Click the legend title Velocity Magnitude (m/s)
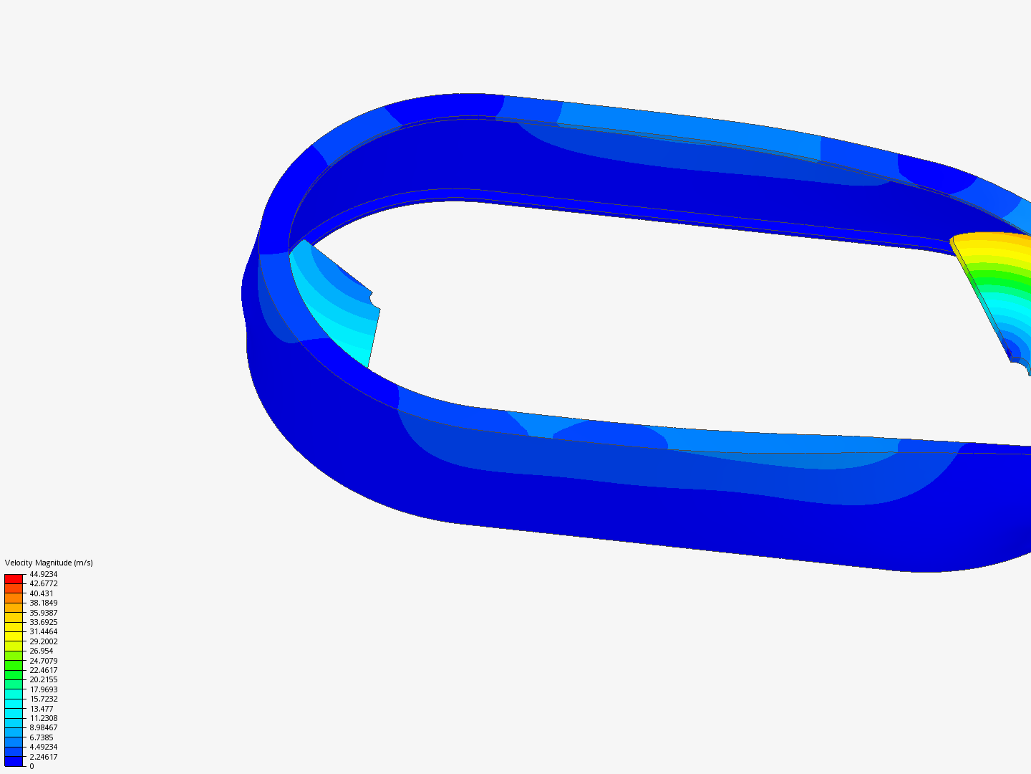[49, 563]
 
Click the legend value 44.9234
[43, 574]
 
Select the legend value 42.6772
[43, 583]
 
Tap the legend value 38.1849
[43, 603]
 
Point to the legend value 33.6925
[43, 622]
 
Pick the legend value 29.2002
[43, 641]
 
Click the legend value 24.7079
[43, 661]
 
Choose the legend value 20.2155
[43, 679]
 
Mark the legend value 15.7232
[43, 699]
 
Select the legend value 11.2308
[43, 718]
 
